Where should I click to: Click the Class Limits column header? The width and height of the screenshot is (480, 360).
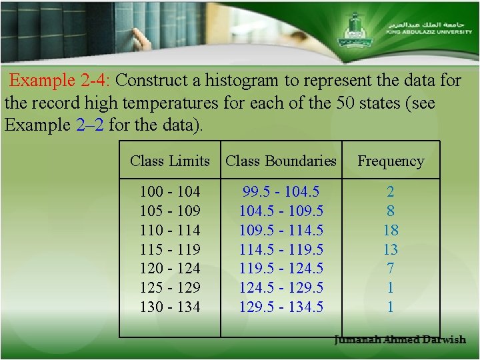pos(170,161)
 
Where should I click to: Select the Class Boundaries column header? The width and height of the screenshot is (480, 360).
pos(281,161)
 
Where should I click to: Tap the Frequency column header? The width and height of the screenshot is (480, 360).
pos(391,161)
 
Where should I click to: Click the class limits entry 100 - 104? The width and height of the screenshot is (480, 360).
pos(170,192)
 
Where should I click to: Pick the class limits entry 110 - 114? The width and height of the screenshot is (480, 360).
pos(170,230)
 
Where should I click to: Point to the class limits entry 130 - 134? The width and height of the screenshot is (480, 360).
pos(170,307)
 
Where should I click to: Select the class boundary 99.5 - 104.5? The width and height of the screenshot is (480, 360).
pos(281,192)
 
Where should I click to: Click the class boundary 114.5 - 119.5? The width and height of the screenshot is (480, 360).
pos(281,249)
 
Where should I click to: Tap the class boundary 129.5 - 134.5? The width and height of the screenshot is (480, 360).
pos(281,307)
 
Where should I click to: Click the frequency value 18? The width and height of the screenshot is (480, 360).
pos(391,230)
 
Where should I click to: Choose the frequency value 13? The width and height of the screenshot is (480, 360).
pos(391,249)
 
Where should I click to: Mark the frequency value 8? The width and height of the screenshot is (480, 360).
pos(391,211)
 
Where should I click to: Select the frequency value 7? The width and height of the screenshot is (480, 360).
pos(391,269)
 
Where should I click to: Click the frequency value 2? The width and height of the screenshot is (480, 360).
pos(391,192)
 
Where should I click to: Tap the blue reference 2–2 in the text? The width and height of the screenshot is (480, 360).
pos(86,125)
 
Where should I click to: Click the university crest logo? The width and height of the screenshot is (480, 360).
pos(353,30)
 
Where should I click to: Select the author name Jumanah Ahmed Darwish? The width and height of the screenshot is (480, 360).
pos(400,340)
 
